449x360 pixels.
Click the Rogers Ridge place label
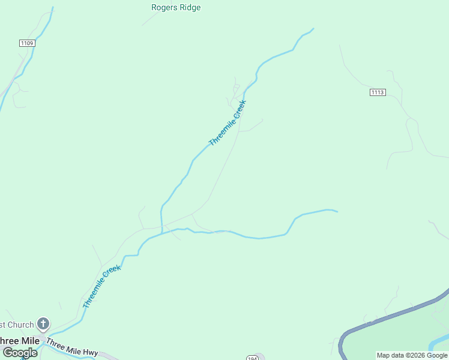176,8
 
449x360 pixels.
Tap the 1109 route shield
27,43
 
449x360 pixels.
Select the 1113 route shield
378,92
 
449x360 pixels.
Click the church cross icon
43,325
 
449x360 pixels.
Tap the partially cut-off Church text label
17,325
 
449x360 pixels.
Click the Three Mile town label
20,341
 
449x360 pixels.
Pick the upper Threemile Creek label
228,122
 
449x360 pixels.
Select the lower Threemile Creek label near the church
101,287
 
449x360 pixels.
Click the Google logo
20,353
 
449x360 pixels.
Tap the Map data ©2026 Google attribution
412,355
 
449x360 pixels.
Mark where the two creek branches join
162,231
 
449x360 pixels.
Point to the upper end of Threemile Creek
313,29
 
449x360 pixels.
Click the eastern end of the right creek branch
337,211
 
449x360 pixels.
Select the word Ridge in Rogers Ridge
190,8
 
